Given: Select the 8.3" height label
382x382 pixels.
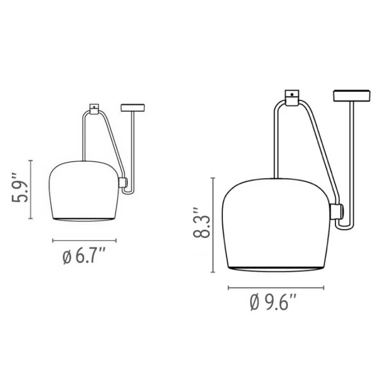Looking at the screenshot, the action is (202, 223).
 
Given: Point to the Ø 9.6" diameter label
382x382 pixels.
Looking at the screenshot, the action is (273, 302).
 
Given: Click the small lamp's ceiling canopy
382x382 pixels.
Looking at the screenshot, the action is (133, 108).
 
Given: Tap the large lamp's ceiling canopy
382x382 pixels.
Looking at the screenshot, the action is (352, 95).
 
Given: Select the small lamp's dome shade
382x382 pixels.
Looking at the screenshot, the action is (84, 191).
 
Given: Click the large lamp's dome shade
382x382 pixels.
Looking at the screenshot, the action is (276, 224).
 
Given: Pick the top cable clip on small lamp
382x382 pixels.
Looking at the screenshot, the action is (94, 109).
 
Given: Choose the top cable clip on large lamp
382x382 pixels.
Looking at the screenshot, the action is (292, 98).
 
